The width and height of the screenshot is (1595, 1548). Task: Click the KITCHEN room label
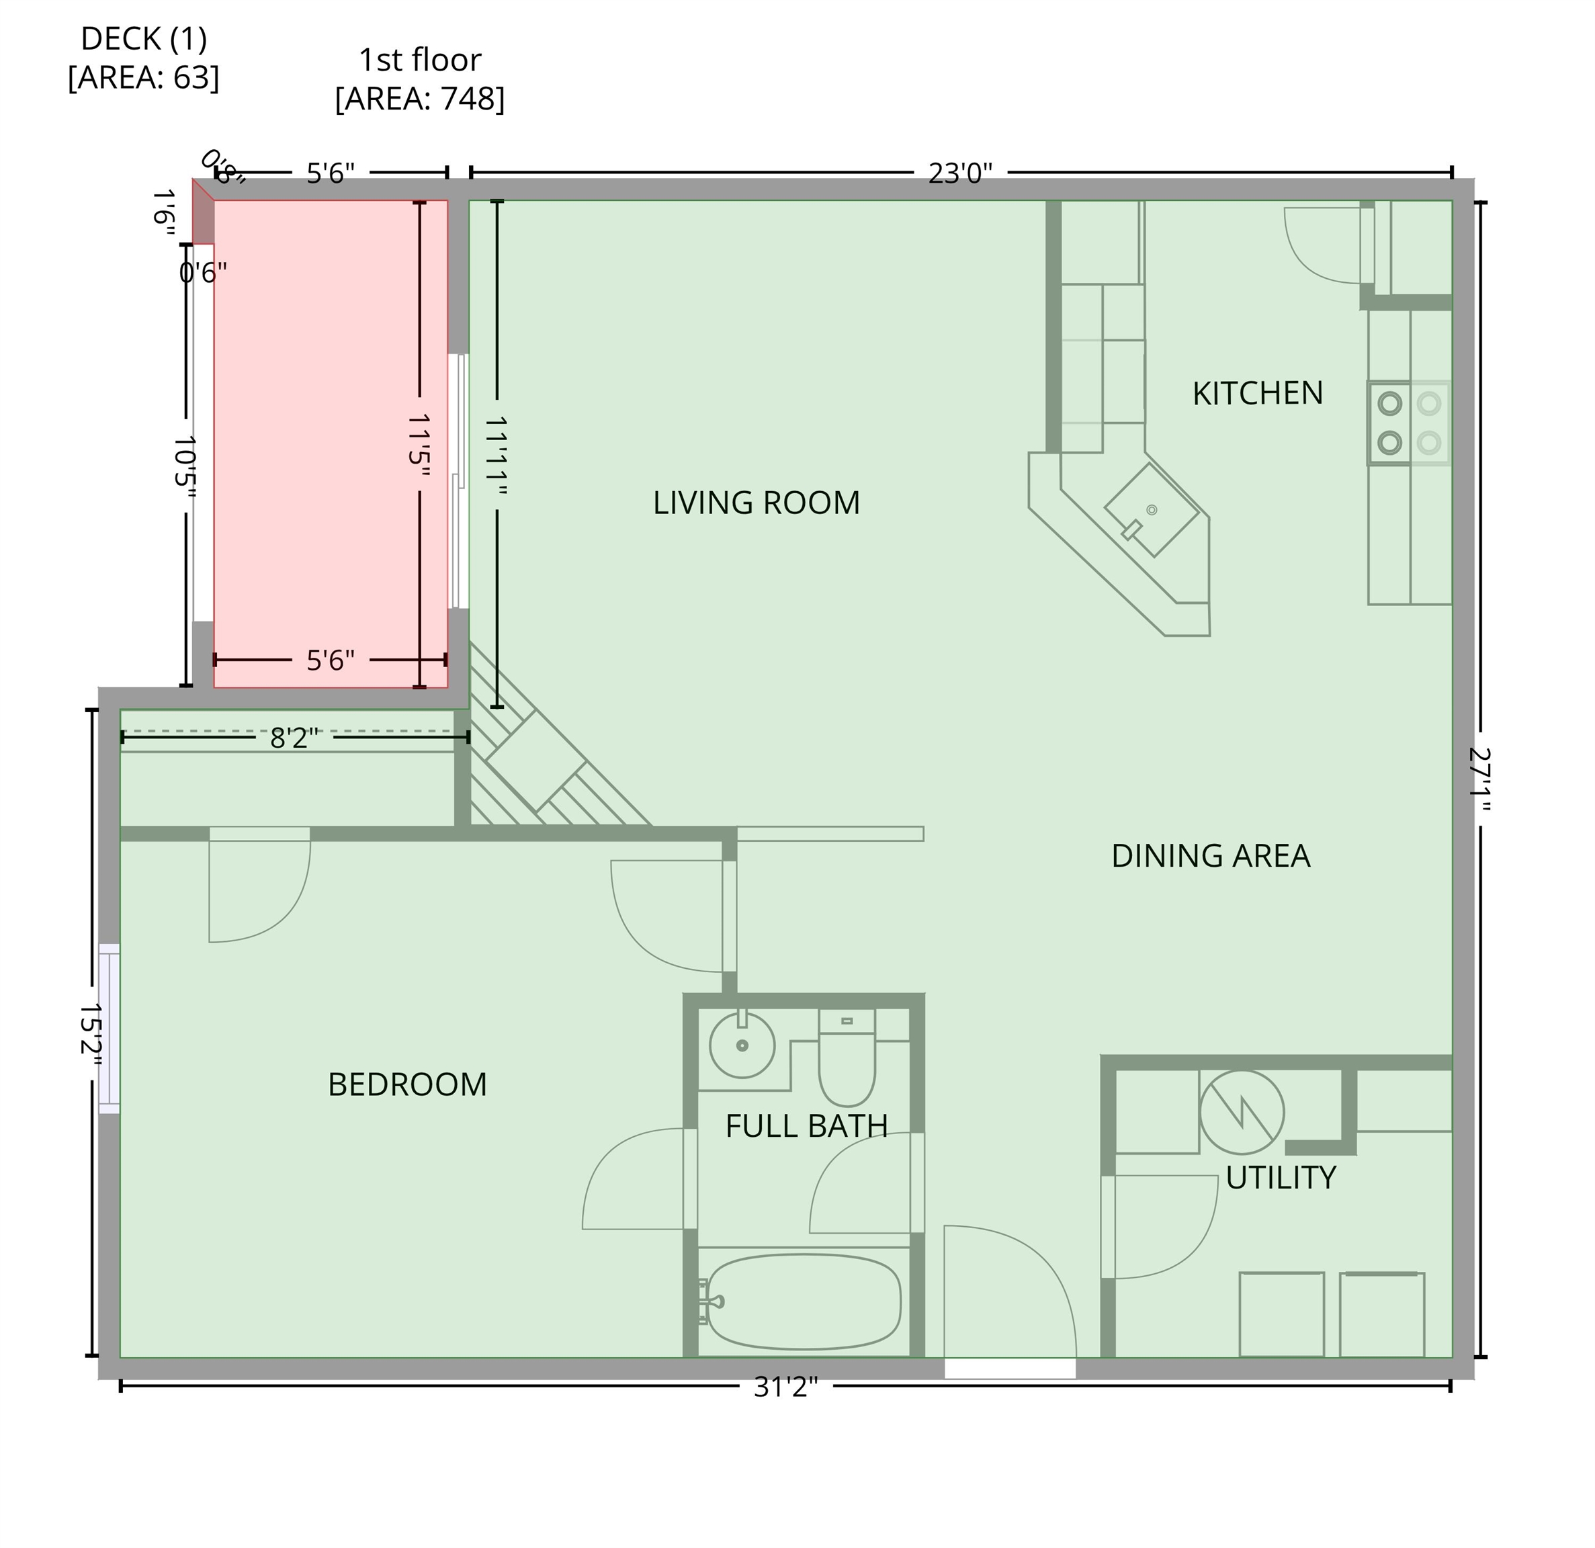(x=1256, y=394)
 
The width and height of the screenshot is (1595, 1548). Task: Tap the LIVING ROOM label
(x=756, y=503)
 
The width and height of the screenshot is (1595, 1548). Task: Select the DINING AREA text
(x=1210, y=856)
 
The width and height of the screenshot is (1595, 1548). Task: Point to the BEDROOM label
(x=407, y=1085)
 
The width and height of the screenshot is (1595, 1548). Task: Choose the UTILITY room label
(x=1280, y=1178)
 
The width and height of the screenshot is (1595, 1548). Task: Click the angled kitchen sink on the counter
(x=1151, y=511)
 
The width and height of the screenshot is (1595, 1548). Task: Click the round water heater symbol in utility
(x=1241, y=1113)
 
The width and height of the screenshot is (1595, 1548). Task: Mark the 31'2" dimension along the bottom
(x=785, y=1387)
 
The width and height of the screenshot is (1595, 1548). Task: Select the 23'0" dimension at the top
(x=960, y=173)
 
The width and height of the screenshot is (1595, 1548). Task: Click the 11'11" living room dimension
(x=497, y=458)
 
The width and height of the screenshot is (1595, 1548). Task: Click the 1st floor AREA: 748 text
(x=420, y=80)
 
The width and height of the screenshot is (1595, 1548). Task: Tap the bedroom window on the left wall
(x=109, y=1029)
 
